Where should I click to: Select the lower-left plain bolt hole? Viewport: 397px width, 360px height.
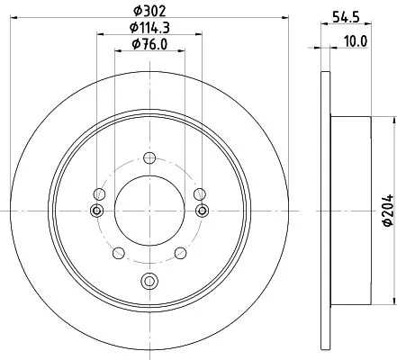[x=117, y=252]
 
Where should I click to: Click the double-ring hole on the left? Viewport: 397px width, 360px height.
[x=96, y=211]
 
